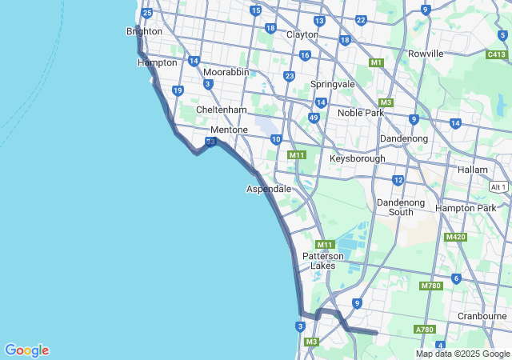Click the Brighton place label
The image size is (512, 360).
coord(144,31)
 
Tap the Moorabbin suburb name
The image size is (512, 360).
coord(226,72)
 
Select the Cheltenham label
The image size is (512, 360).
coord(221,110)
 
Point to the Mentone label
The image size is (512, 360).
coord(229,130)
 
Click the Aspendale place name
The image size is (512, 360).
coord(268,189)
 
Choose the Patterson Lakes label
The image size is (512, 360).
coord(323,260)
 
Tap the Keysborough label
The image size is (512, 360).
coord(357,158)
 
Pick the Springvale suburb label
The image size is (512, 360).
coord(332,84)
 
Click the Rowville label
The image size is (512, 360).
coord(425,54)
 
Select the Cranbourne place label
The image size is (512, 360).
coord(482,316)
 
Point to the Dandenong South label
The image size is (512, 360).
coord(401,207)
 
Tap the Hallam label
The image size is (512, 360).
coord(472,170)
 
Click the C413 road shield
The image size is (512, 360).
coord(497,54)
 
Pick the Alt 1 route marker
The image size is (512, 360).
coord(498,186)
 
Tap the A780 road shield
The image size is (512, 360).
coord(424,330)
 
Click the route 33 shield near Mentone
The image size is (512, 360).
coord(210,142)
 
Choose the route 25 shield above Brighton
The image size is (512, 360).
coord(146,13)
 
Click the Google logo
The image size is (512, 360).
coord(26,350)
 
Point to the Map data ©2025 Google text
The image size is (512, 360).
coord(462,354)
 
